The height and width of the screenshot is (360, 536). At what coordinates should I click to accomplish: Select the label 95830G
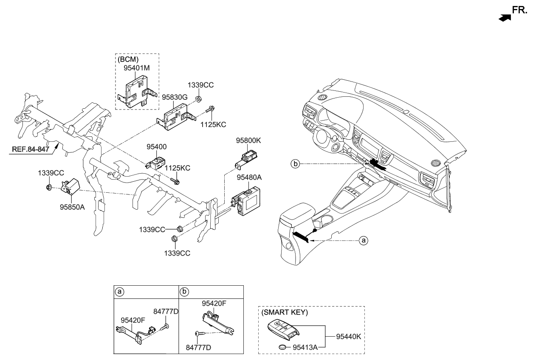(175, 97)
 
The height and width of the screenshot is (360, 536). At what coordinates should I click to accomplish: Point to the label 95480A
(249, 178)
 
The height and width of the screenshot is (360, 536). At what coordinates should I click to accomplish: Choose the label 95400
(156, 147)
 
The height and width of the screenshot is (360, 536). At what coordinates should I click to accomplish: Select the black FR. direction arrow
(505, 18)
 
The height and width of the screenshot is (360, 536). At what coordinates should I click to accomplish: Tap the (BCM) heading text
(128, 59)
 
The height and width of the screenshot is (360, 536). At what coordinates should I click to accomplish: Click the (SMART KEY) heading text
(285, 312)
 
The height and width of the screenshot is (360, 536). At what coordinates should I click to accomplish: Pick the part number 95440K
(348, 337)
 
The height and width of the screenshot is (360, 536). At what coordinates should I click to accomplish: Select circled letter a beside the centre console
(363, 240)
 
